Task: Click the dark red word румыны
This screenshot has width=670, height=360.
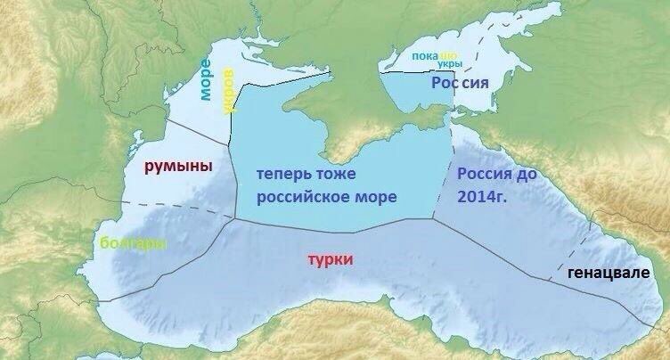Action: [x=178, y=166]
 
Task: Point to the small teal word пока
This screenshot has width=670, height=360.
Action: [x=424, y=57]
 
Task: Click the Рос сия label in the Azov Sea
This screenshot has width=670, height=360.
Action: [x=461, y=83]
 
